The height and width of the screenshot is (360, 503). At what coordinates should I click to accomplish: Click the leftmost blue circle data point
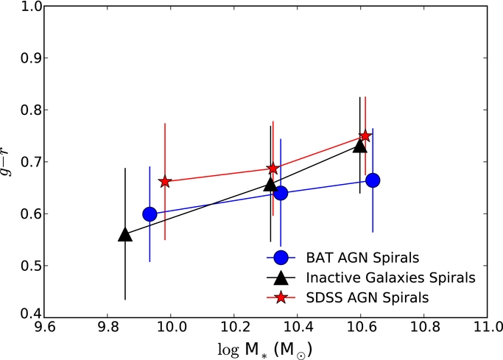[x=150, y=214]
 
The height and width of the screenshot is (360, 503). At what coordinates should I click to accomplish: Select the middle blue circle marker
[x=281, y=193]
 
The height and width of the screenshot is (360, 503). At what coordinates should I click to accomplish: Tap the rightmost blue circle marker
[x=373, y=180]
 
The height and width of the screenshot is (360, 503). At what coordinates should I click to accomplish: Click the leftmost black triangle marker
[x=125, y=235]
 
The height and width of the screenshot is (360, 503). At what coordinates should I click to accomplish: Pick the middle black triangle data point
[x=270, y=184]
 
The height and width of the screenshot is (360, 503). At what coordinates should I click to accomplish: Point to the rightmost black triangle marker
[x=360, y=146]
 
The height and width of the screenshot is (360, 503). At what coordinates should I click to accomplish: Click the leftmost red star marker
[x=165, y=182]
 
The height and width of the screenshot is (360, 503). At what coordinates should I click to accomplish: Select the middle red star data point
[x=273, y=169]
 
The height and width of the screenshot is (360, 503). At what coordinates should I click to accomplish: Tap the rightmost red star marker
[x=365, y=136]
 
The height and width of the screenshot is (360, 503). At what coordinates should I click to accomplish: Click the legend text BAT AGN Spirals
[x=362, y=258]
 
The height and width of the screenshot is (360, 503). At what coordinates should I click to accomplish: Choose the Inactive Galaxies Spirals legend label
[x=391, y=278]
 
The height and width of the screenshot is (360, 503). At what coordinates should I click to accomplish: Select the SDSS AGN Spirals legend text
[x=367, y=297]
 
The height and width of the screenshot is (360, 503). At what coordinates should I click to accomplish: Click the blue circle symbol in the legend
[x=281, y=258]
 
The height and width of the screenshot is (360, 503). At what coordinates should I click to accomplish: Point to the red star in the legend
[x=281, y=297]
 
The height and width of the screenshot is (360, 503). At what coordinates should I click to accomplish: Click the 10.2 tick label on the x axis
[x=234, y=328]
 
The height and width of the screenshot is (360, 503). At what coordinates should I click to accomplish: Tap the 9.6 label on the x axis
[x=44, y=328]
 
